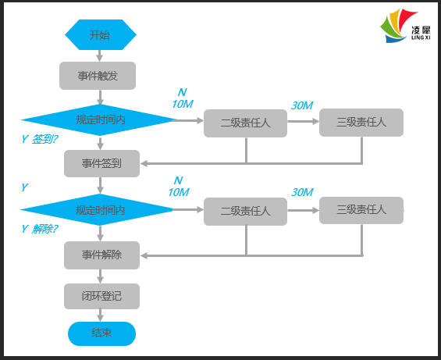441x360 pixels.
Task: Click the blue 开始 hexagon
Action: pos(100,34)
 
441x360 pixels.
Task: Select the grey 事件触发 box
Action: pos(98,76)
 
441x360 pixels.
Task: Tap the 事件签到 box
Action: pos(101,163)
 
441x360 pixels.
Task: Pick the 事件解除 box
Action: pos(101,255)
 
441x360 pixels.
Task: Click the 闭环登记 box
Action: pos(101,297)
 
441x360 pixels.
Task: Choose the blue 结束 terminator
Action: pos(101,333)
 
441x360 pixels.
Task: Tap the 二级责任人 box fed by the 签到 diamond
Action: pos(245,123)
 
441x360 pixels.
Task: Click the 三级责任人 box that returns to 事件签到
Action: pos(361,122)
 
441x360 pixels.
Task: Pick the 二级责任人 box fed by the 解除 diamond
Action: pos(245,211)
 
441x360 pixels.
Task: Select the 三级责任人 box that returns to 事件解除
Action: pos(361,210)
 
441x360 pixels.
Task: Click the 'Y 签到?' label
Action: pos(40,139)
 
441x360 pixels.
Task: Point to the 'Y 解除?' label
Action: pos(40,229)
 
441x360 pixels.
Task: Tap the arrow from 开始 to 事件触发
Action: pos(100,55)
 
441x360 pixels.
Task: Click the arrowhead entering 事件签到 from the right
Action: pos(144,163)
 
